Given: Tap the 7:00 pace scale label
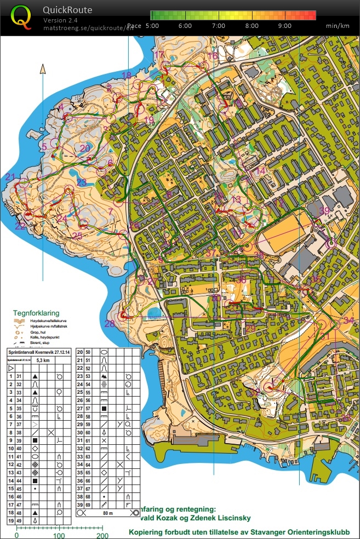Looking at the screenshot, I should click(x=218, y=26).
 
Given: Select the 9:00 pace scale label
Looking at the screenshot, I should click(x=284, y=26).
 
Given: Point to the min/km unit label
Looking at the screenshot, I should click(x=338, y=26).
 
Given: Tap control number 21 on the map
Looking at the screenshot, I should click(x=10, y=176).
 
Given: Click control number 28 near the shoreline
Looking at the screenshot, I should click(x=110, y=324).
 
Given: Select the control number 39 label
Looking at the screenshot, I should click(x=325, y=211).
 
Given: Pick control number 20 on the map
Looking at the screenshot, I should click(x=84, y=148).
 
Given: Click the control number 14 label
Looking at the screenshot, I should click(x=261, y=171).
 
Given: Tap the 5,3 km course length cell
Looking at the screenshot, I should click(x=42, y=360).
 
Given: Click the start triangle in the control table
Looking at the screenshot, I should click(x=10, y=369).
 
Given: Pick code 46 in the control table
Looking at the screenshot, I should click(x=19, y=495).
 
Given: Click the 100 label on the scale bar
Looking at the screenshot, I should click(x=59, y=535).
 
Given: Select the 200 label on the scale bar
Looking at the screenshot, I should click(x=101, y=535).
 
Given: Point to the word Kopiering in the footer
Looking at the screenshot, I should click(x=147, y=531).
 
